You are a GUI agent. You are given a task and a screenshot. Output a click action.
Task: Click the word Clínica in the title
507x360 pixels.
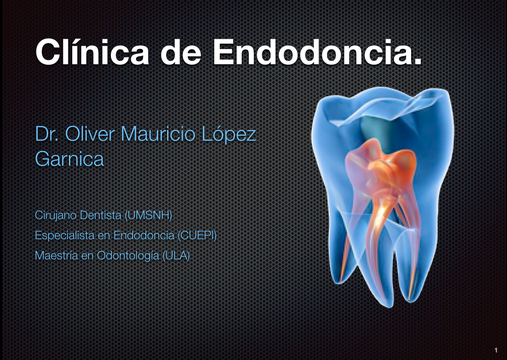coord(90,51)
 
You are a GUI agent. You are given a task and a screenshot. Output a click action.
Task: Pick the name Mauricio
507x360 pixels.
coord(159,134)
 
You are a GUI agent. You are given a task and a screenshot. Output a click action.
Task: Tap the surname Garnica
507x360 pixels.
coord(69,159)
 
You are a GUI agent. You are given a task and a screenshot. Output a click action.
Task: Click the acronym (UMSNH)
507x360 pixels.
coord(148,216)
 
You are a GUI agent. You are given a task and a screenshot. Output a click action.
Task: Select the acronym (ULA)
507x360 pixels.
coord(176,256)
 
